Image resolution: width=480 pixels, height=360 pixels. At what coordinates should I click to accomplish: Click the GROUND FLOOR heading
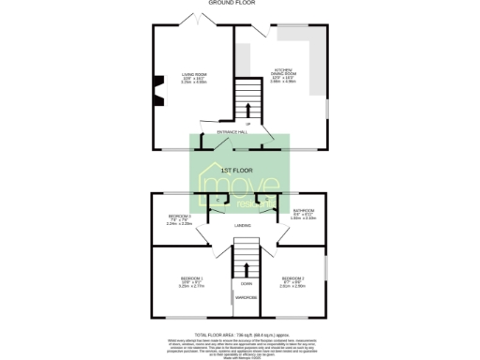(x=239, y=5)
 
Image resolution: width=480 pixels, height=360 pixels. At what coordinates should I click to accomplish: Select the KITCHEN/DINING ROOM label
(x=283, y=70)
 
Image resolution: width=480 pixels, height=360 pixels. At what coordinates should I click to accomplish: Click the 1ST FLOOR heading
(x=239, y=170)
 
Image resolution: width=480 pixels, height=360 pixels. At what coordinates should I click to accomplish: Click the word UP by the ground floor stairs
(x=247, y=123)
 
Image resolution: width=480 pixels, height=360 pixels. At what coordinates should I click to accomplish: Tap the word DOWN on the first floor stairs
(x=246, y=283)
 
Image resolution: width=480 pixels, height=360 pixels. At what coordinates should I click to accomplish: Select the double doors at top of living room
(x=208, y=20)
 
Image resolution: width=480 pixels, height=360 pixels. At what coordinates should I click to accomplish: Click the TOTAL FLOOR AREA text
(x=239, y=334)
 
